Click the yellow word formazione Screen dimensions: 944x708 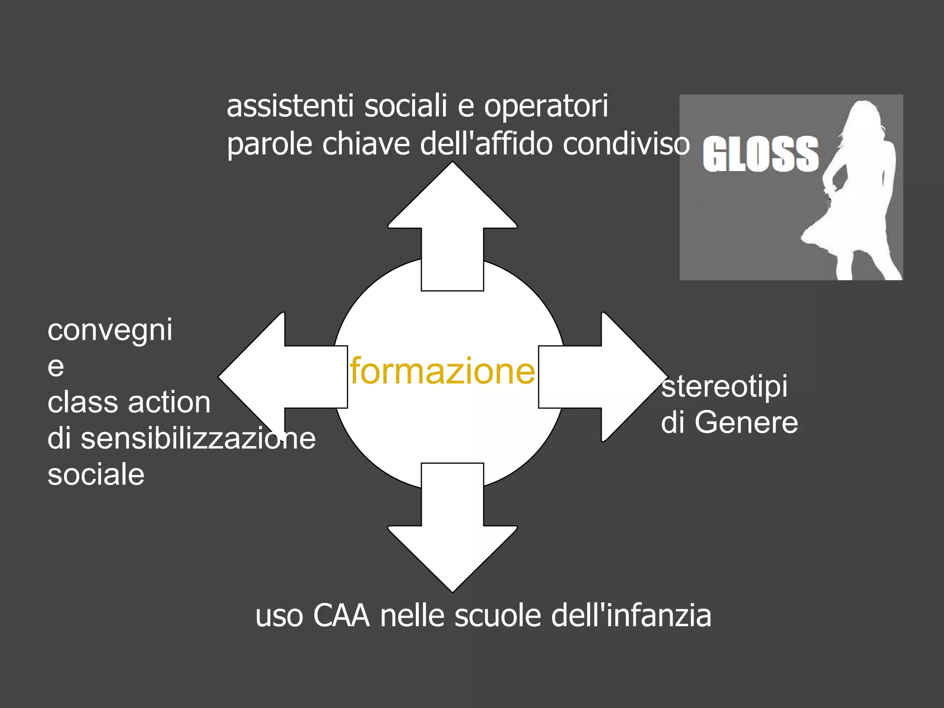(442, 371)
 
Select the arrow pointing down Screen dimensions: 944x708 (452, 535)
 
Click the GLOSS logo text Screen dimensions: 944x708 (761, 154)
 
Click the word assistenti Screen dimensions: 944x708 (290, 106)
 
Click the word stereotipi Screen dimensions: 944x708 (724, 387)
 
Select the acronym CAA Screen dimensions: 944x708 (342, 616)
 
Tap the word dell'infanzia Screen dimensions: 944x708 (631, 616)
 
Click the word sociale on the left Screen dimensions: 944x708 (96, 475)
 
